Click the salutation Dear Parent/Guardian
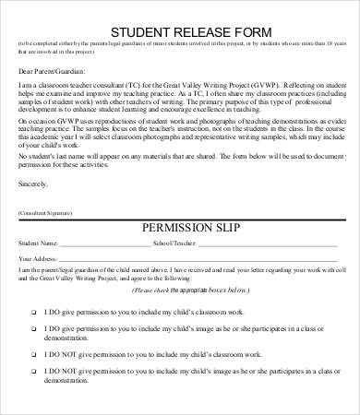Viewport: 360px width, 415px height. [48, 71]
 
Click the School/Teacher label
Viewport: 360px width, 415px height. [181, 245]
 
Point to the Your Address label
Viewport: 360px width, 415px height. [36, 259]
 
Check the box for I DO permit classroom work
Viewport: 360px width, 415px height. [33, 312]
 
